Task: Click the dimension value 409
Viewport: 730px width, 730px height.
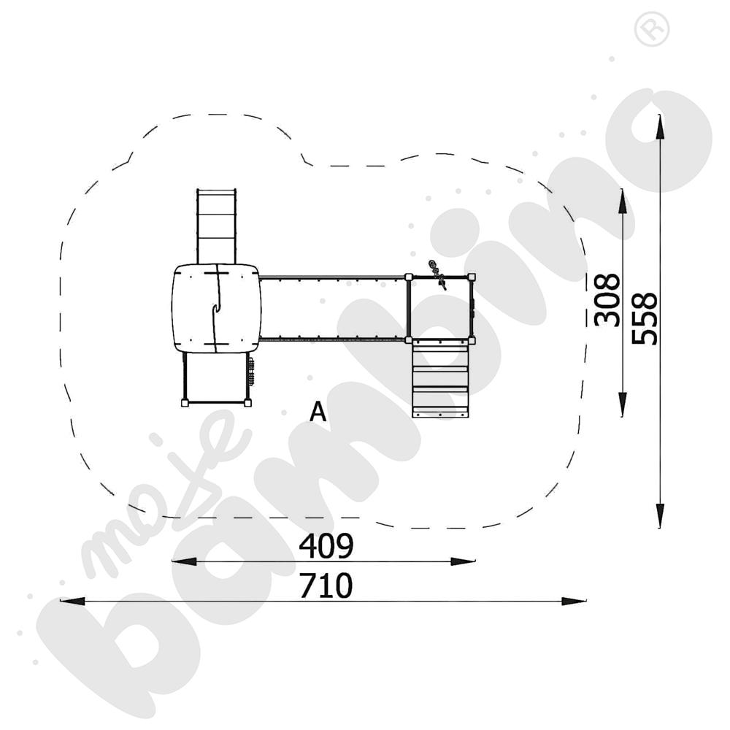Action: [x=326, y=545]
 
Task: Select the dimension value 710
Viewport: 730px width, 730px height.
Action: [x=326, y=585]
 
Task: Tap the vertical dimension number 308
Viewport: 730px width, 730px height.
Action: [x=607, y=299]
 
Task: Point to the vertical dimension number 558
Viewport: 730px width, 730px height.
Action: [x=645, y=318]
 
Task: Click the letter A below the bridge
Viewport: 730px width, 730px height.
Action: [x=318, y=412]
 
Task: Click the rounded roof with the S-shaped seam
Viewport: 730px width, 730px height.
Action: [x=216, y=308]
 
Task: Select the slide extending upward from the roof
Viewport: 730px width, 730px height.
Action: [x=216, y=225]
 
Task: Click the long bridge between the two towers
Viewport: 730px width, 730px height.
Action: [x=333, y=308]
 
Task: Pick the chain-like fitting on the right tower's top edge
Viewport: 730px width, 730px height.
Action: [x=437, y=274]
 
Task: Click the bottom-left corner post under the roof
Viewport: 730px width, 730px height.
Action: [x=185, y=402]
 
